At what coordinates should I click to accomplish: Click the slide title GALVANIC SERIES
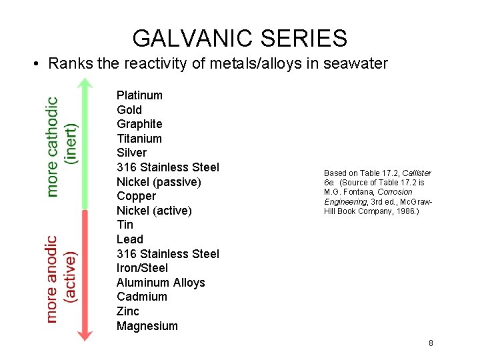[239, 38]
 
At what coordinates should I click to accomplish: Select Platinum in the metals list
[139, 95]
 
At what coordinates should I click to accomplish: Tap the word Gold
[129, 110]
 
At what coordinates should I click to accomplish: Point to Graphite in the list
[139, 124]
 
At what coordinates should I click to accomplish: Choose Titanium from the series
[139, 139]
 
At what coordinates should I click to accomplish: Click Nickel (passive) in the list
[159, 182]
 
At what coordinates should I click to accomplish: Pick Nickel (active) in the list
[154, 211]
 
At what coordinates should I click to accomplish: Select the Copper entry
[136, 196]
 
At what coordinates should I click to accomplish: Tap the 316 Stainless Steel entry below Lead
[167, 254]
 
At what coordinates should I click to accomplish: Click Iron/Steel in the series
[142, 268]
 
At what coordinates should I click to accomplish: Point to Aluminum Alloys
[161, 283]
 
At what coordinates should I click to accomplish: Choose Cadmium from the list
[142, 297]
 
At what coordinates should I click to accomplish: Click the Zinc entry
[128, 311]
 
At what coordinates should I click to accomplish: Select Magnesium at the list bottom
[147, 326]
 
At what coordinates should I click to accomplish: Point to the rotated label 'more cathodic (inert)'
[61, 147]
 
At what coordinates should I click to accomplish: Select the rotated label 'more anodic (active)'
[61, 279]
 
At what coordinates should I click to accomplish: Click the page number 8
[431, 343]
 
